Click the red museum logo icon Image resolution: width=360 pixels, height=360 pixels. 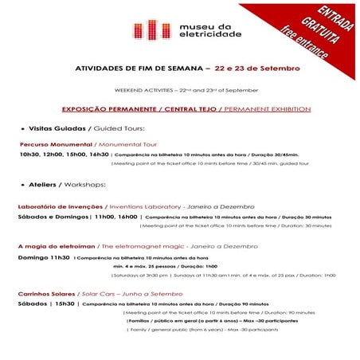pos(148,30)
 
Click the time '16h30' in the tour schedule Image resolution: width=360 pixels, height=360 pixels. pos(99,154)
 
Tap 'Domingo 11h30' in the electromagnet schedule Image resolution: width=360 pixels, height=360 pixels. pos(44,257)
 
